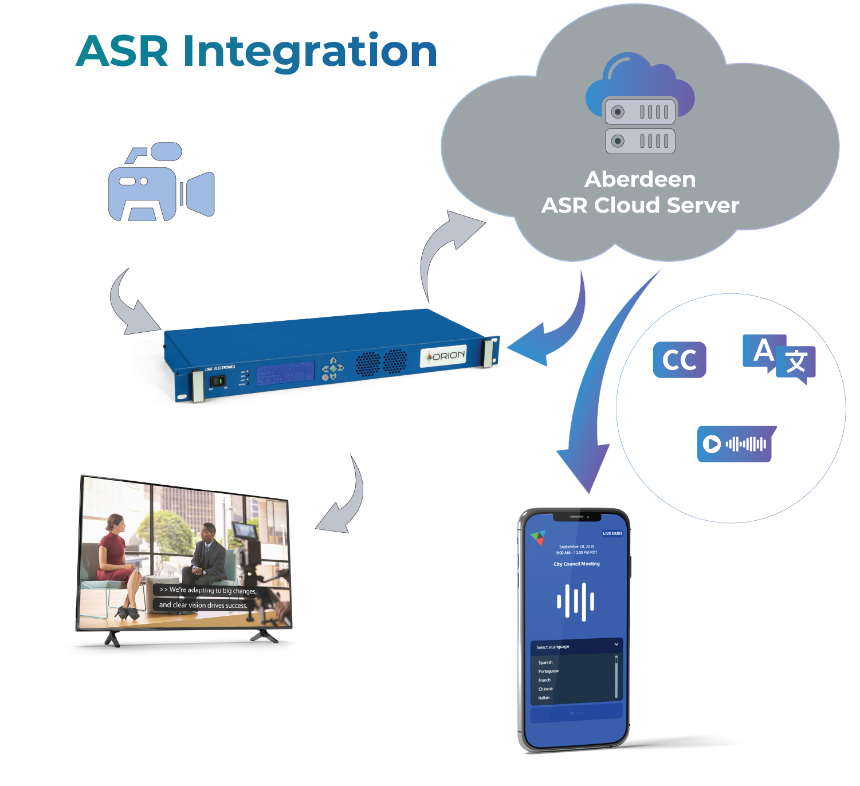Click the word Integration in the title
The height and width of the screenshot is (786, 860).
click(x=310, y=52)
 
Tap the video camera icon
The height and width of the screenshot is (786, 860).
click(x=161, y=183)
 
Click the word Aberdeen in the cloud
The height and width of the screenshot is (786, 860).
click(x=640, y=179)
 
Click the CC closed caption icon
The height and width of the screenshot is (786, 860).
click(x=680, y=360)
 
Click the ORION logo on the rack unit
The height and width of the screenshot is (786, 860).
click(x=444, y=356)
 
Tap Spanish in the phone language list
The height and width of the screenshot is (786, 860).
click(x=545, y=662)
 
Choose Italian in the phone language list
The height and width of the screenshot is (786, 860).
click(x=544, y=698)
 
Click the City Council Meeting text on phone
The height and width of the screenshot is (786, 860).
click(x=576, y=564)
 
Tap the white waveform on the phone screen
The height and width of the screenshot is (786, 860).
click(x=575, y=602)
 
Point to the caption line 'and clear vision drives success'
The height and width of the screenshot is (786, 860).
click(x=203, y=605)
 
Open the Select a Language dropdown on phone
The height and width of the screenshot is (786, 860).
click(x=576, y=646)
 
